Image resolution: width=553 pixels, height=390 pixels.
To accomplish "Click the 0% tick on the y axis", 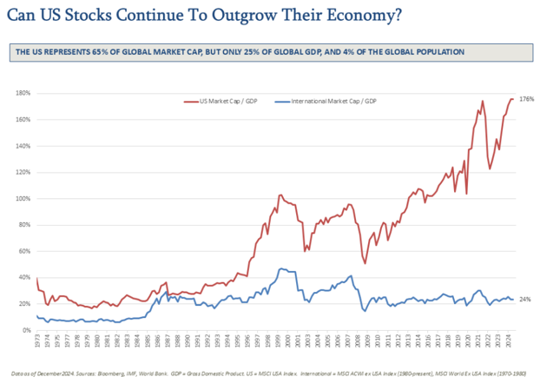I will [x=25, y=331].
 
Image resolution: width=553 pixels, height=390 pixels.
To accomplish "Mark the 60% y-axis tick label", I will [x=23, y=252].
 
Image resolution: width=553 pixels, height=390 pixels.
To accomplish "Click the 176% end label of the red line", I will [x=525, y=100].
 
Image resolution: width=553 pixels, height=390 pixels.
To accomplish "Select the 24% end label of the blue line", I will [x=524, y=300].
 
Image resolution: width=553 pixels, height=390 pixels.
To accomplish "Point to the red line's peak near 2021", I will [x=482, y=102].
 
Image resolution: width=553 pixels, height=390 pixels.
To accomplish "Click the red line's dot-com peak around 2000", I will [x=280, y=195].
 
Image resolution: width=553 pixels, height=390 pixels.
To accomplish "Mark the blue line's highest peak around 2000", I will [x=280, y=268].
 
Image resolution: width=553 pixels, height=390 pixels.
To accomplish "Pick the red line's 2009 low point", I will [x=365, y=263].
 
